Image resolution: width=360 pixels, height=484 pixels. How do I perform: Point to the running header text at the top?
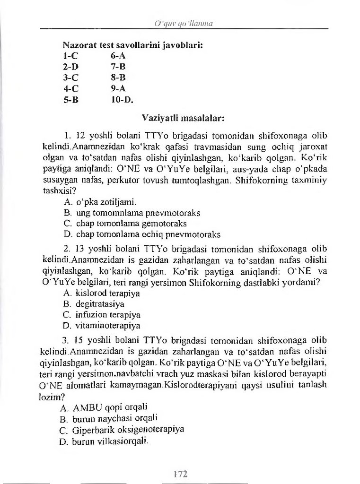(x=179, y=22)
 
